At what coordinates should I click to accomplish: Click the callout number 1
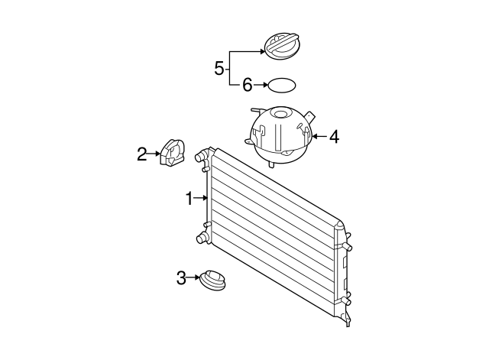[189, 199]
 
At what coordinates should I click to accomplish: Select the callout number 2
[142, 155]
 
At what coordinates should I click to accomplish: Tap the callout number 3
[181, 278]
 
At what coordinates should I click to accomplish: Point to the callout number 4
[334, 137]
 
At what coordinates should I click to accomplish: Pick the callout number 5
[219, 68]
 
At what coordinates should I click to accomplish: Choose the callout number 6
[247, 85]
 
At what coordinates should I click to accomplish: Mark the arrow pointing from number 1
[202, 199]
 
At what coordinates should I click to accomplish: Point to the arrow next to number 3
[195, 278]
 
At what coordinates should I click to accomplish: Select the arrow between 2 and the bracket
[154, 155]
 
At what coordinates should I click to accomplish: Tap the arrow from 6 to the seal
[260, 85]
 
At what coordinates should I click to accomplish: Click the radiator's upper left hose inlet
[202, 158]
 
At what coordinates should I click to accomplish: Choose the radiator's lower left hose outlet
[202, 239]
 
